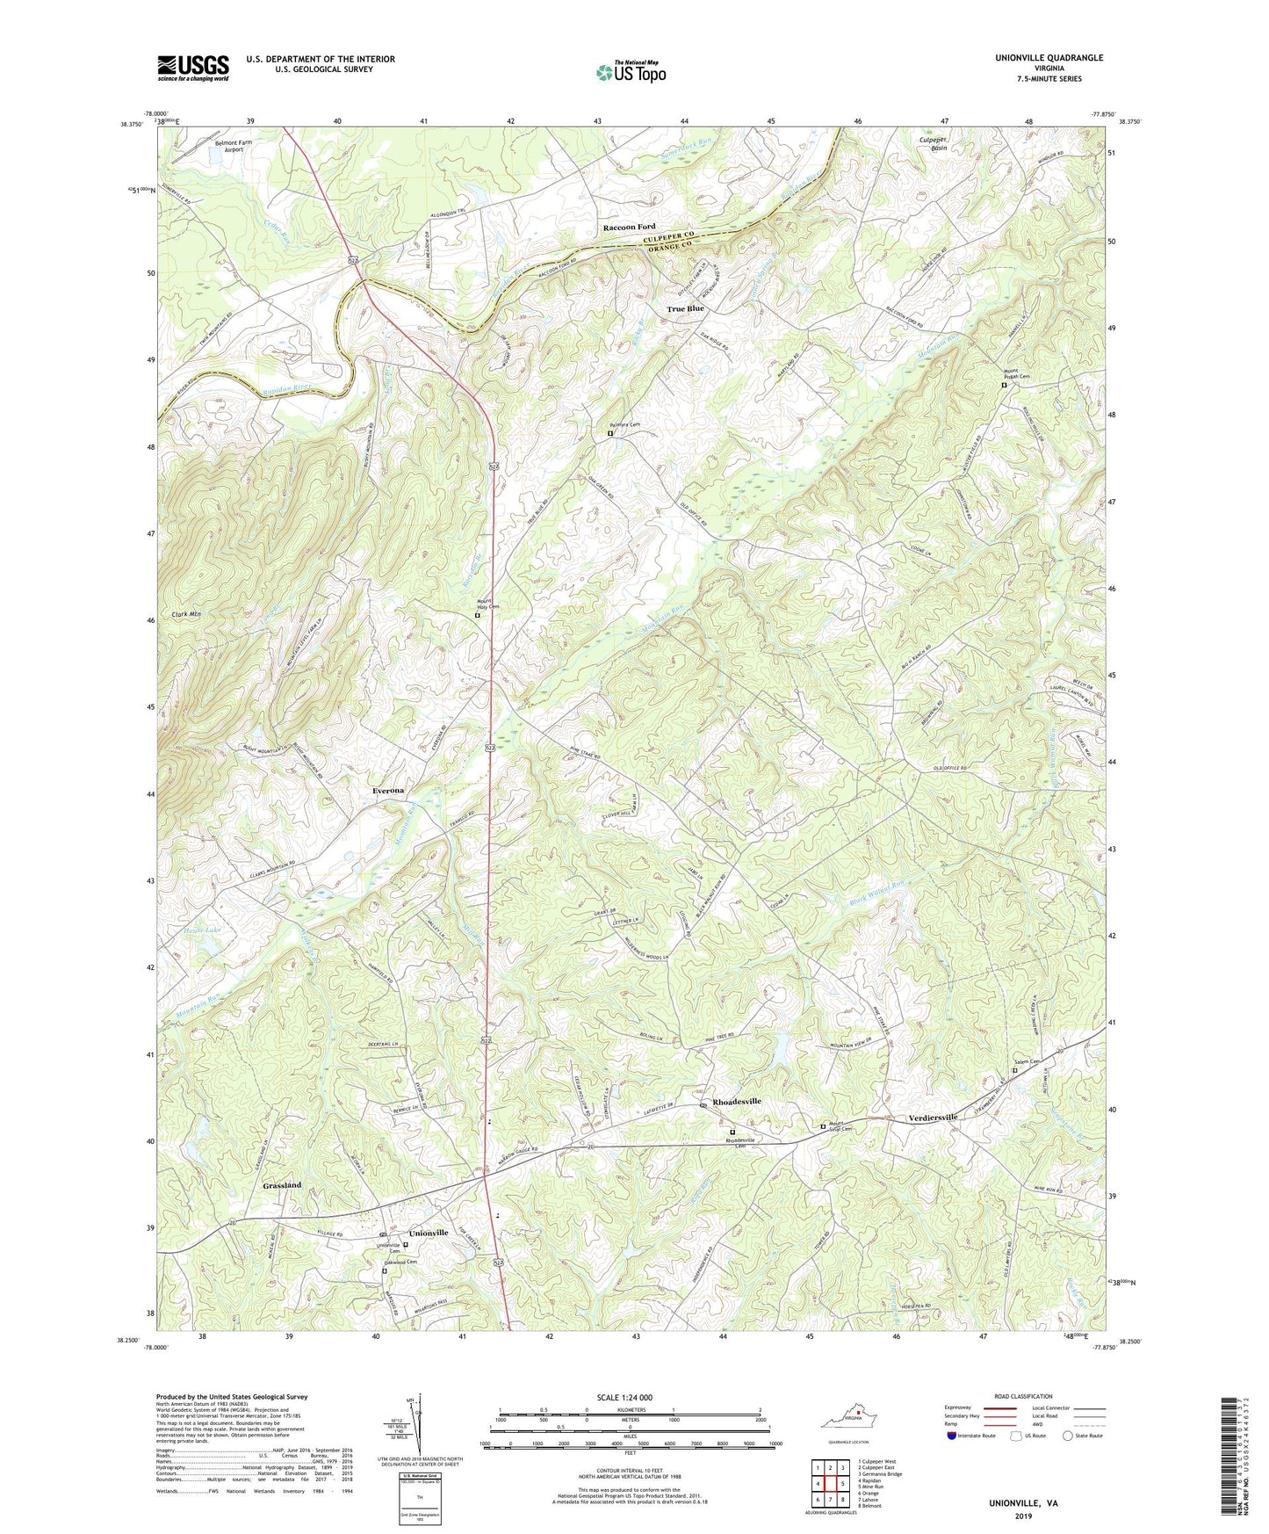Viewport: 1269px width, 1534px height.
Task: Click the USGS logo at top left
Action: point(193,67)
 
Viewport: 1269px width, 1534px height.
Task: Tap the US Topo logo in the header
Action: point(629,73)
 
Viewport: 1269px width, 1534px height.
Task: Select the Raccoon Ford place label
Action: point(628,228)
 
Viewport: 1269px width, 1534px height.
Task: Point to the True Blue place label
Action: point(685,309)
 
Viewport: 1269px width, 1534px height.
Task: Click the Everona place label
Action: point(383,791)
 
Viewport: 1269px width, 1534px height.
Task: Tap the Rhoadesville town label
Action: point(737,1101)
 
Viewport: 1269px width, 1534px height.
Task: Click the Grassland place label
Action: point(282,1185)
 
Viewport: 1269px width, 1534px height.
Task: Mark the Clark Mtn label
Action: point(186,615)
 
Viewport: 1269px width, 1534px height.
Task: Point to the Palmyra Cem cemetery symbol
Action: point(611,433)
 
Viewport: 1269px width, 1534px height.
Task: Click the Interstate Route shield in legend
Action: point(952,1436)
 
